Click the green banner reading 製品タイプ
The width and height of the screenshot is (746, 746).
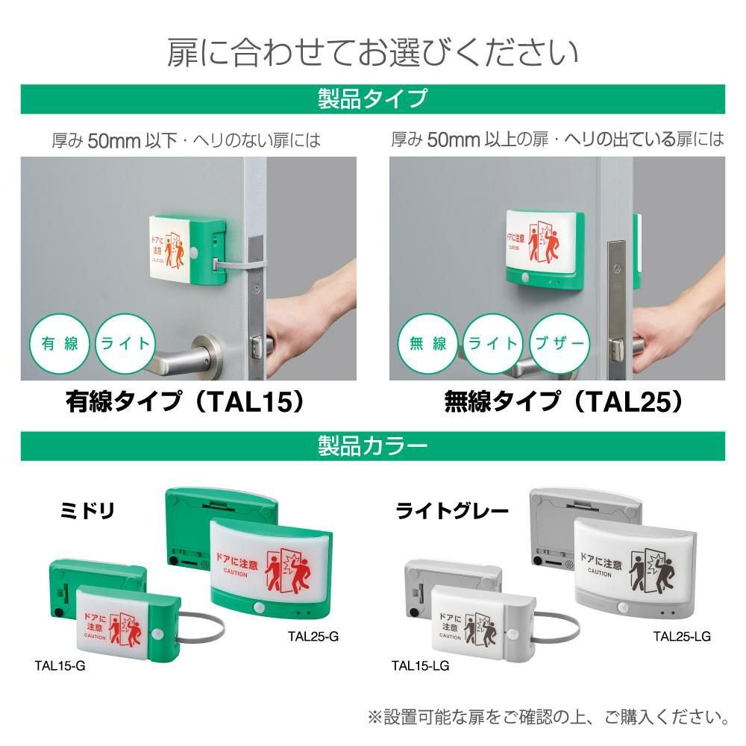click(372, 98)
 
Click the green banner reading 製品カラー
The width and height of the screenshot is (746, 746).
click(372, 445)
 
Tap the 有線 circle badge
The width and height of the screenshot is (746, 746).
click(59, 344)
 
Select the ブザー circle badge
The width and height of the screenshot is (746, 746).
click(559, 344)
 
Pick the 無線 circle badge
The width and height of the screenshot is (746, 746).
click(428, 344)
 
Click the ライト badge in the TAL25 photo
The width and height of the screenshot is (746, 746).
click(493, 344)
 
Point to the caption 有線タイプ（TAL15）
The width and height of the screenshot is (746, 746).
click(186, 402)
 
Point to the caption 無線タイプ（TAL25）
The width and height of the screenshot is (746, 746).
click(563, 402)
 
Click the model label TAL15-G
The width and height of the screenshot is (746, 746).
click(60, 665)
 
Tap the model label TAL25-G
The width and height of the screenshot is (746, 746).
click(313, 636)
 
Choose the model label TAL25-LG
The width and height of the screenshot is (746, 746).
click(682, 636)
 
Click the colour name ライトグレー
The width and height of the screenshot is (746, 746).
click(452, 511)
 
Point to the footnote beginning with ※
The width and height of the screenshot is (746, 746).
click(548, 718)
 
